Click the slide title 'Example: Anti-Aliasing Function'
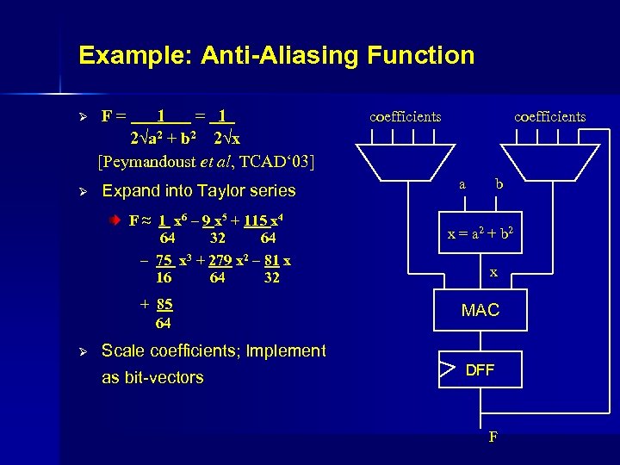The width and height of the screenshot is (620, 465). point(276,56)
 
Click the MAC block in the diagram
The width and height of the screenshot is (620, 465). point(480,311)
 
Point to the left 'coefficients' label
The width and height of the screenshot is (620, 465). point(405,116)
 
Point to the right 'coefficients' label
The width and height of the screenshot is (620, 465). point(549,116)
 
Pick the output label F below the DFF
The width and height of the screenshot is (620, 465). point(493,437)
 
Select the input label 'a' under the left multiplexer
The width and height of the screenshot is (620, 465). point(462,183)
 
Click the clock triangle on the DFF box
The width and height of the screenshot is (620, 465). point(446,370)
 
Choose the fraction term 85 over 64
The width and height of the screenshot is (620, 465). point(164,313)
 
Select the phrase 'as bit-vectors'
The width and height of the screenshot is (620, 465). point(152,377)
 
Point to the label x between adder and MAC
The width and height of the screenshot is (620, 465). point(493,272)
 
